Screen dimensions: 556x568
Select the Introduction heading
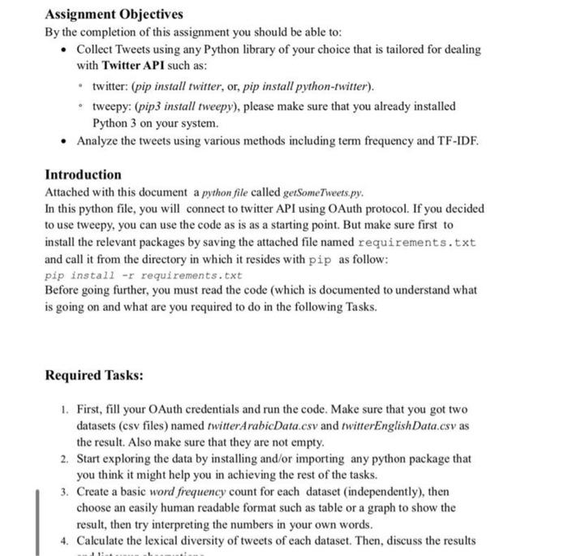83,175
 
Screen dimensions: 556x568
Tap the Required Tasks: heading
94,375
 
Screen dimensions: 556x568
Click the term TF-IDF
456,140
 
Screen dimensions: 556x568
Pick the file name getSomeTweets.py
324,193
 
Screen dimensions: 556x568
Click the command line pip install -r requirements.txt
143,275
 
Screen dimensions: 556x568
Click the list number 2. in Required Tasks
64,459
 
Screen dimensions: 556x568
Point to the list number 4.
64,540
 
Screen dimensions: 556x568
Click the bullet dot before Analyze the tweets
64,141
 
